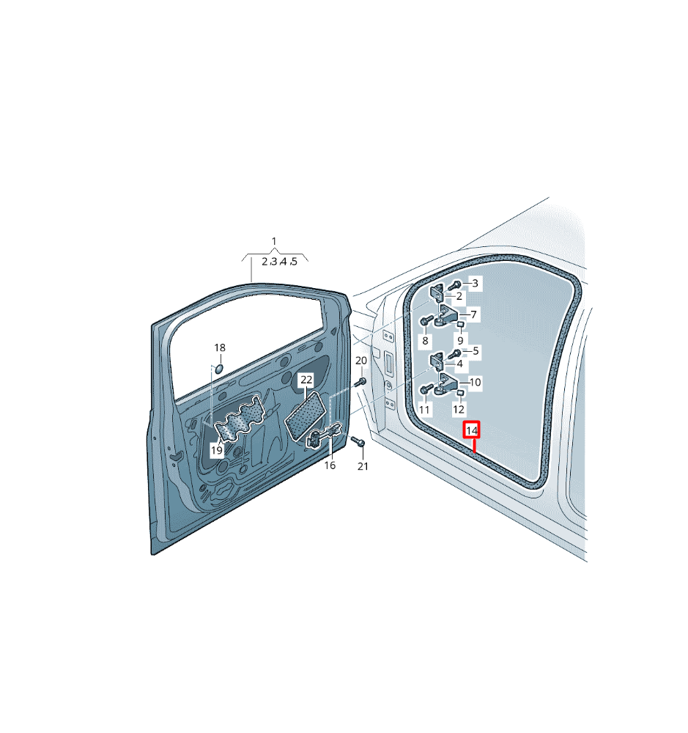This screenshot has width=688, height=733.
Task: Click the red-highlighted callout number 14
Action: pos(472,430)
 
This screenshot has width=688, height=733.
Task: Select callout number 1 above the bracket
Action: pos(274,241)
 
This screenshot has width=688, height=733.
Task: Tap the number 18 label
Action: pos(220,347)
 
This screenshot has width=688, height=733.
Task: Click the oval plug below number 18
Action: pos(218,369)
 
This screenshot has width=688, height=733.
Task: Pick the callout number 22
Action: pos(306,380)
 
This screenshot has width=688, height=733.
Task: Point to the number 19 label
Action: pos(216,450)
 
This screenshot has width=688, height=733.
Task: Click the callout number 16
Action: pos(330,465)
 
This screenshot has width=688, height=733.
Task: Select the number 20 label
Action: pos(361,361)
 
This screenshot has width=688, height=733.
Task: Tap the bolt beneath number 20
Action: pos(360,382)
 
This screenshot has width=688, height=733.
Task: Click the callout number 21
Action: pos(363,466)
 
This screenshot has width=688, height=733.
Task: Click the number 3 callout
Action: pos(476,283)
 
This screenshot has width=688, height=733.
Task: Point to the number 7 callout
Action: pos(474,314)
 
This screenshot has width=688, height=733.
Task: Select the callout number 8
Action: pos(425,341)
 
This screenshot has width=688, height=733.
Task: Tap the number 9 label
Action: pos(460,341)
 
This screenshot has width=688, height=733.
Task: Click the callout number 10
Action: pos(475,383)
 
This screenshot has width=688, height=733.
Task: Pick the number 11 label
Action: pos(424,410)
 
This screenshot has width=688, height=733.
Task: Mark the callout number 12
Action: pos(459,409)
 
